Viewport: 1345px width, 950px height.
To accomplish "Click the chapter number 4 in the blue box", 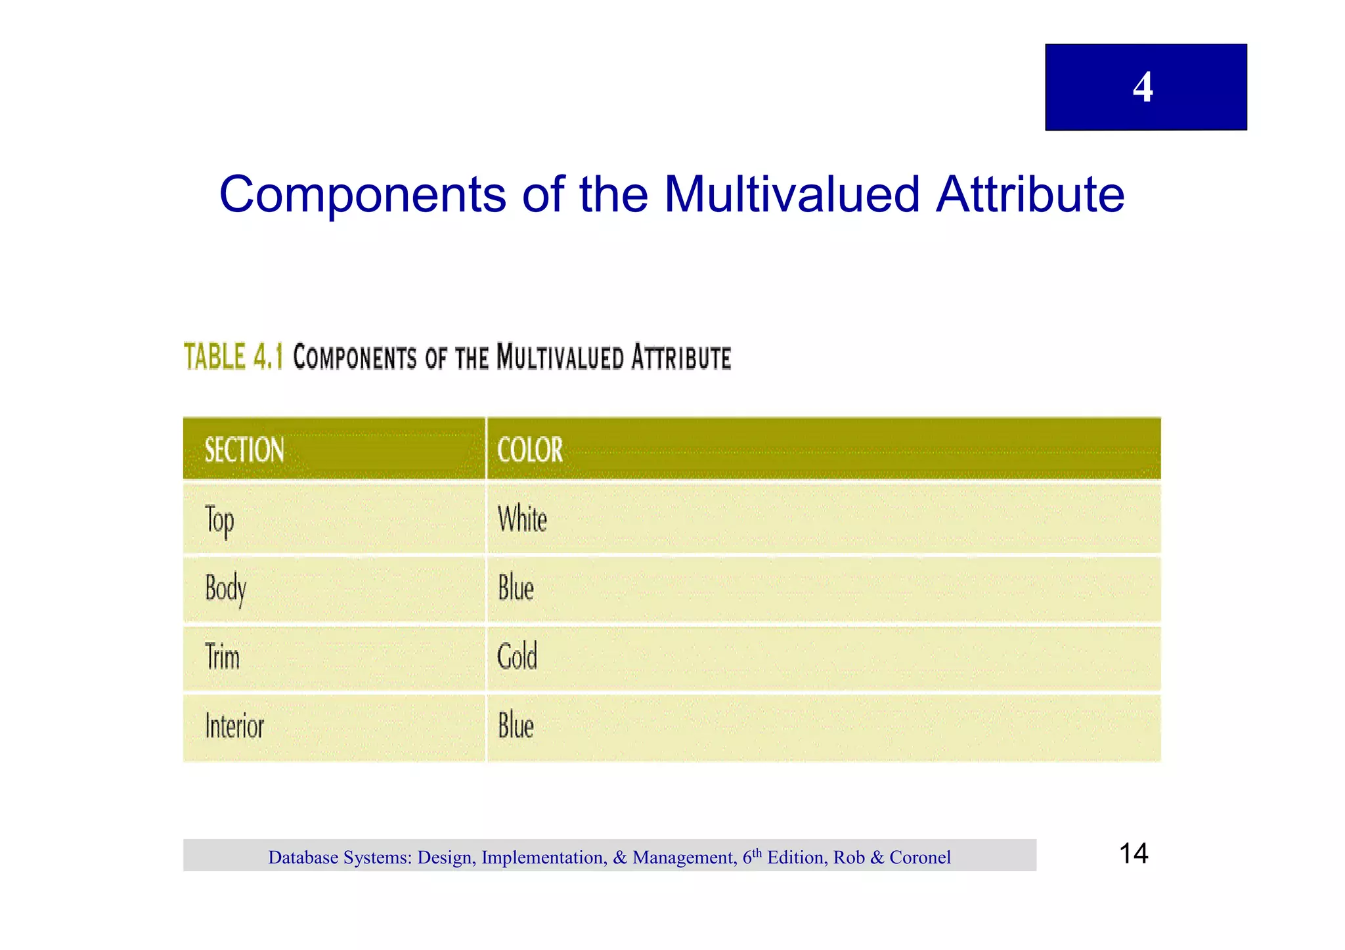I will [1143, 87].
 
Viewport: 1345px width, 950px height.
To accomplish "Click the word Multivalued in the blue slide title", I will [791, 195].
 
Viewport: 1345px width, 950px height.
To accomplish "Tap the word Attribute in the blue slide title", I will [1030, 195].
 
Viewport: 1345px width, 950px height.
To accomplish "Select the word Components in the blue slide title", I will [363, 195].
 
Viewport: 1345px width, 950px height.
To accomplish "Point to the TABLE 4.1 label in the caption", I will [233, 357].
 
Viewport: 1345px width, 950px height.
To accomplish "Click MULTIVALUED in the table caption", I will [560, 358].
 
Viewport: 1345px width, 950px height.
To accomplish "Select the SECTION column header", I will [244, 450].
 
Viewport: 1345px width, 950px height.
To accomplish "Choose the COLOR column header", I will [530, 450].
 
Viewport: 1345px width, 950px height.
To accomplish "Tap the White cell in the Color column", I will [522, 519].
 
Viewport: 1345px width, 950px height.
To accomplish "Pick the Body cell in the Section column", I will [225, 589].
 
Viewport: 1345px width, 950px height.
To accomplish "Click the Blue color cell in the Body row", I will [516, 588].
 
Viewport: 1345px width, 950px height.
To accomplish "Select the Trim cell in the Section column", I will [223, 657].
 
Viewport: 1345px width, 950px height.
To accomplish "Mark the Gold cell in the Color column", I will [518, 657].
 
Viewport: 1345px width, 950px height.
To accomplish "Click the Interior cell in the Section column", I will [234, 726].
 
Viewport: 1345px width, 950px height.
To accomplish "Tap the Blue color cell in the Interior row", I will [516, 726].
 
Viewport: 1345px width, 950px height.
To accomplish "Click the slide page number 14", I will [1134, 853].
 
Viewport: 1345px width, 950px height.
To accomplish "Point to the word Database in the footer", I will [303, 857].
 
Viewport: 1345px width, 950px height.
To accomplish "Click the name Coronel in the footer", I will [920, 857].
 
